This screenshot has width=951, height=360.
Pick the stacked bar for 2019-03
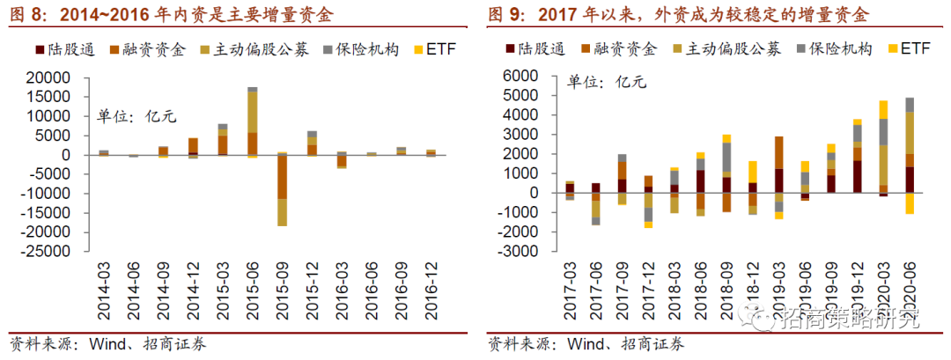pyautogui.click(x=778, y=176)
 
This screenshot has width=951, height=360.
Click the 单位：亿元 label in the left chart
pyautogui.click(x=129, y=116)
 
